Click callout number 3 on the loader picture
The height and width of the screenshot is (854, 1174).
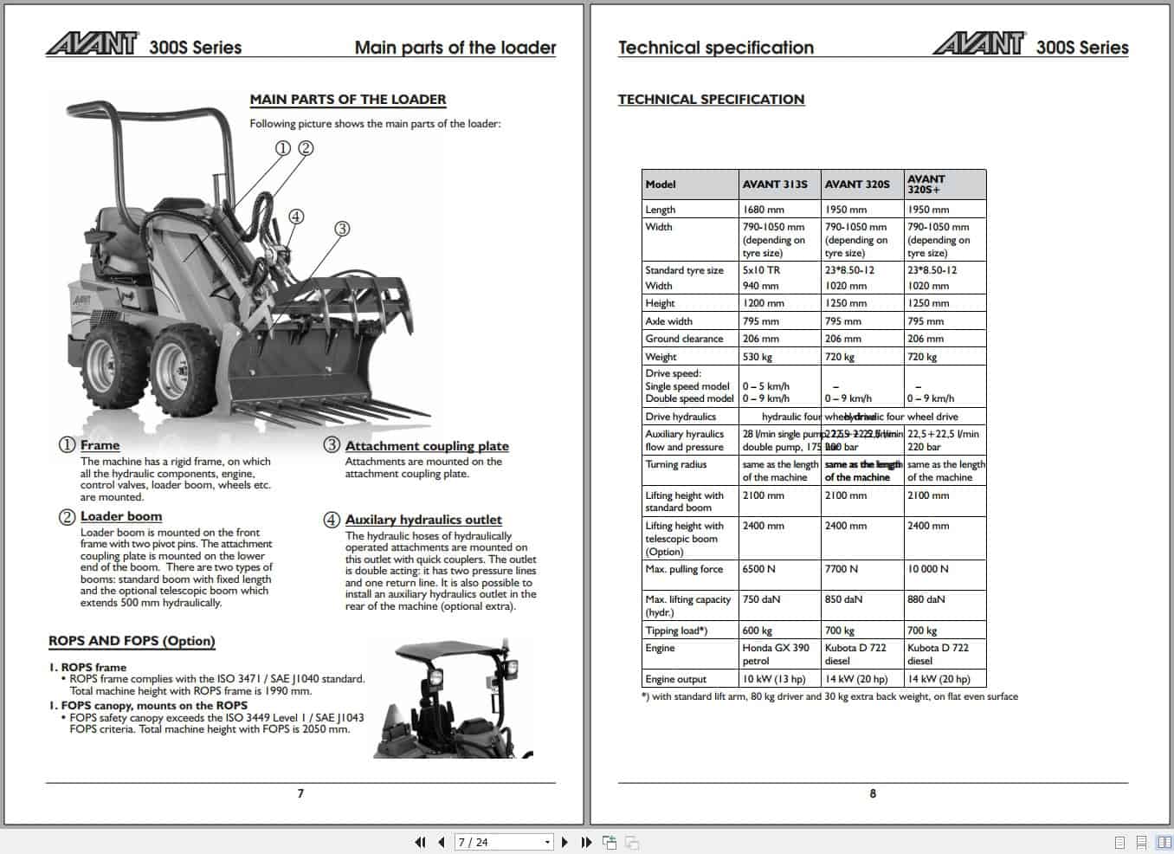tap(342, 229)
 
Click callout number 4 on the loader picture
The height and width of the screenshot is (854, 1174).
tap(296, 217)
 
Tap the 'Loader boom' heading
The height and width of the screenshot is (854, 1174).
tap(121, 516)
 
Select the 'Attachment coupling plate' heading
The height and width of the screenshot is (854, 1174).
tap(427, 446)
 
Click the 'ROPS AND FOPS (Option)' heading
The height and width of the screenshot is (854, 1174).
tap(132, 641)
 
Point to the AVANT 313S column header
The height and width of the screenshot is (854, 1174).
tap(775, 184)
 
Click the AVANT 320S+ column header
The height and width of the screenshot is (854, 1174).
tap(926, 184)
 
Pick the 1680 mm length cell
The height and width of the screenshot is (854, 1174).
tap(763, 210)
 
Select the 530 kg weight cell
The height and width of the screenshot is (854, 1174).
tap(757, 357)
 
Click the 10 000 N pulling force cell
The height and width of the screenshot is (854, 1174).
tap(928, 569)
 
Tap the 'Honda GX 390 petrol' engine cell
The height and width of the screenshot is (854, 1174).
tap(776, 654)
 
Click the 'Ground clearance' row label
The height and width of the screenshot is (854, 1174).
tap(684, 339)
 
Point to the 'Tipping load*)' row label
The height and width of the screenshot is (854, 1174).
tap(676, 631)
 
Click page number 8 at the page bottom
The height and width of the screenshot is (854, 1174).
tap(873, 793)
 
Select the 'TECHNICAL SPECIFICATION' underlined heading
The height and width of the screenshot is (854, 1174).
tap(711, 100)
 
